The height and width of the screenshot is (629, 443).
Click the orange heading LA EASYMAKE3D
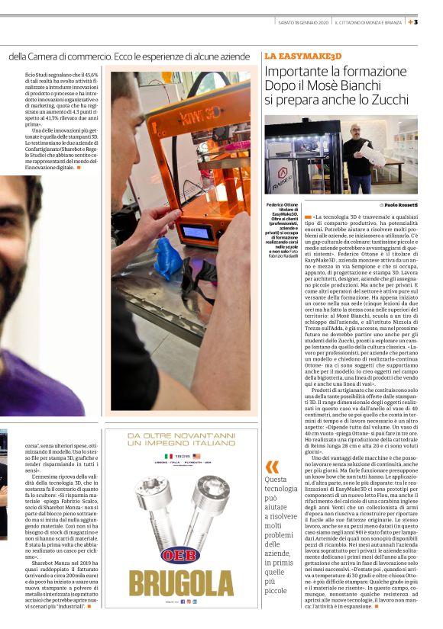[x=302, y=56]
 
